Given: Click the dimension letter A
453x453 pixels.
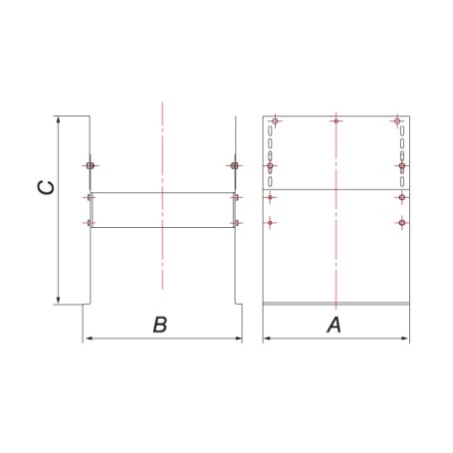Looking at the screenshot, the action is tap(335, 325).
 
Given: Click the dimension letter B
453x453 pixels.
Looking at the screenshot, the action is tap(160, 325).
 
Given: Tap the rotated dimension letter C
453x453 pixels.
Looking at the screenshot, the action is tap(46, 188).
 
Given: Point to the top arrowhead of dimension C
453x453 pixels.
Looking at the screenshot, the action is tap(59, 120).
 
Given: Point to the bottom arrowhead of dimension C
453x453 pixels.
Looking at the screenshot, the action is tap(59, 300).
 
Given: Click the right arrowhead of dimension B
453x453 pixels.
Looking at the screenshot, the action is tap(238, 339).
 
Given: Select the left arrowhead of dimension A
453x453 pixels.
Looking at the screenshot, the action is tap(268, 339).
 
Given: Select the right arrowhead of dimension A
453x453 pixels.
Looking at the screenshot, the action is tap(405, 339).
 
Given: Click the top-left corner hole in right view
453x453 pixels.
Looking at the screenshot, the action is tap(275, 121).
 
